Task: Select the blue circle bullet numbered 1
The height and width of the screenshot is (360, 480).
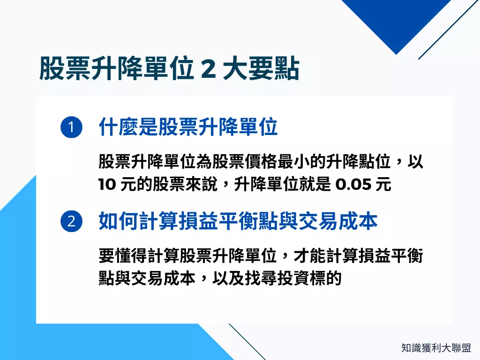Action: click(71, 128)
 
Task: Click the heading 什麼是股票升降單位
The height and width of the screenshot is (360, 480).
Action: click(188, 127)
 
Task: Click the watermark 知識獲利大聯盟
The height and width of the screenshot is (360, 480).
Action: click(436, 348)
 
